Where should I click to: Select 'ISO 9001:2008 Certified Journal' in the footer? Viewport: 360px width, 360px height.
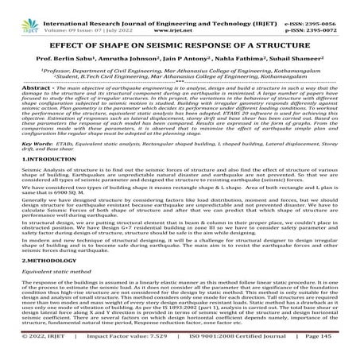click(232, 346)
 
